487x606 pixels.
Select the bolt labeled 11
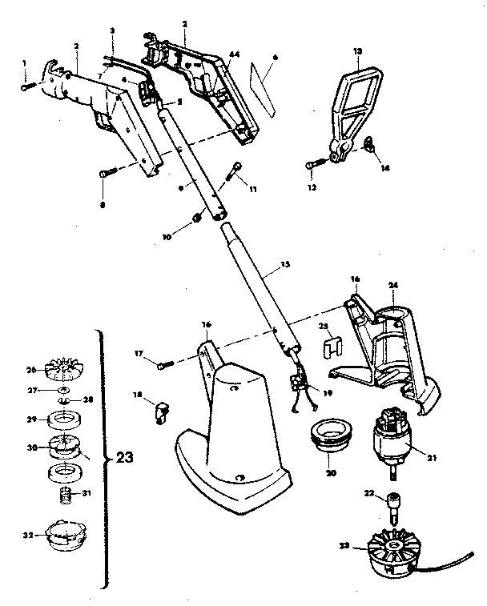pyautogui.click(x=237, y=168)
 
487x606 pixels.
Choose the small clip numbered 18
pyautogui.click(x=162, y=412)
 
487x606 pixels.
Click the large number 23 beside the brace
pyautogui.click(x=124, y=459)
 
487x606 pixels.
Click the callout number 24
pyautogui.click(x=392, y=283)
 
